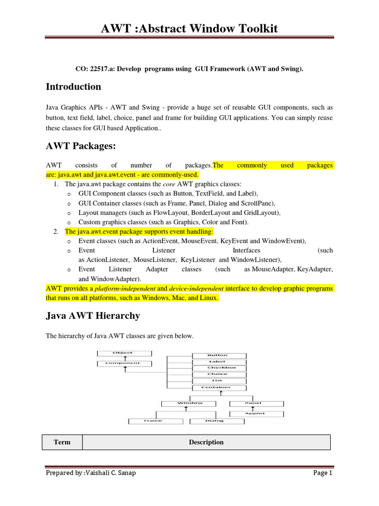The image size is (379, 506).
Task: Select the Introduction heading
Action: click(x=73, y=86)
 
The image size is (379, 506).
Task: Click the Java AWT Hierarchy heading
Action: click(x=93, y=315)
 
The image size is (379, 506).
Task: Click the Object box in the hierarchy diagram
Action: click(x=122, y=353)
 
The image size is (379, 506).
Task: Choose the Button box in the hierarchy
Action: click(x=218, y=355)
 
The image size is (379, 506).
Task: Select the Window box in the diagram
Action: click(x=190, y=403)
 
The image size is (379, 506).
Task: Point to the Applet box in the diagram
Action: click(x=255, y=413)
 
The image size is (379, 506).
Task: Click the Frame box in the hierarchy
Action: click(x=153, y=421)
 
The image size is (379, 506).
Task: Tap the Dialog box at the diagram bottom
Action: click(x=214, y=421)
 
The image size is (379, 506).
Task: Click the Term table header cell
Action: click(x=62, y=442)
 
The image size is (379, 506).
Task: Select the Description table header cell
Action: click(x=206, y=442)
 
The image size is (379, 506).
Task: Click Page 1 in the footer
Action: click(x=323, y=473)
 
